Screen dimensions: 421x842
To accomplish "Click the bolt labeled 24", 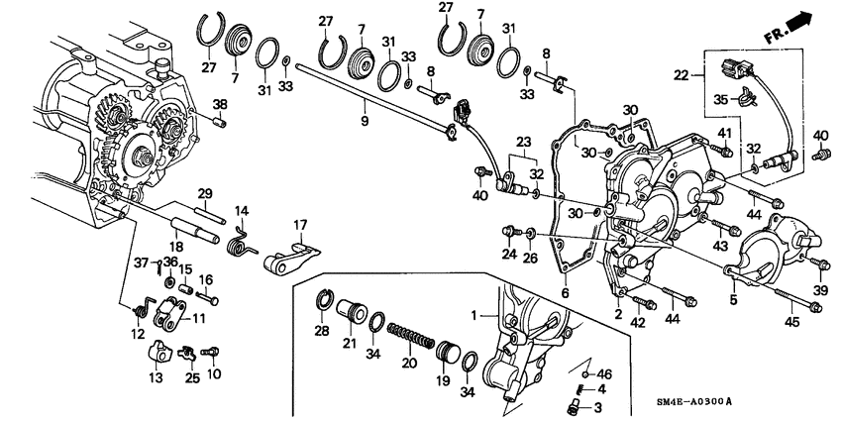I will [x=508, y=234].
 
